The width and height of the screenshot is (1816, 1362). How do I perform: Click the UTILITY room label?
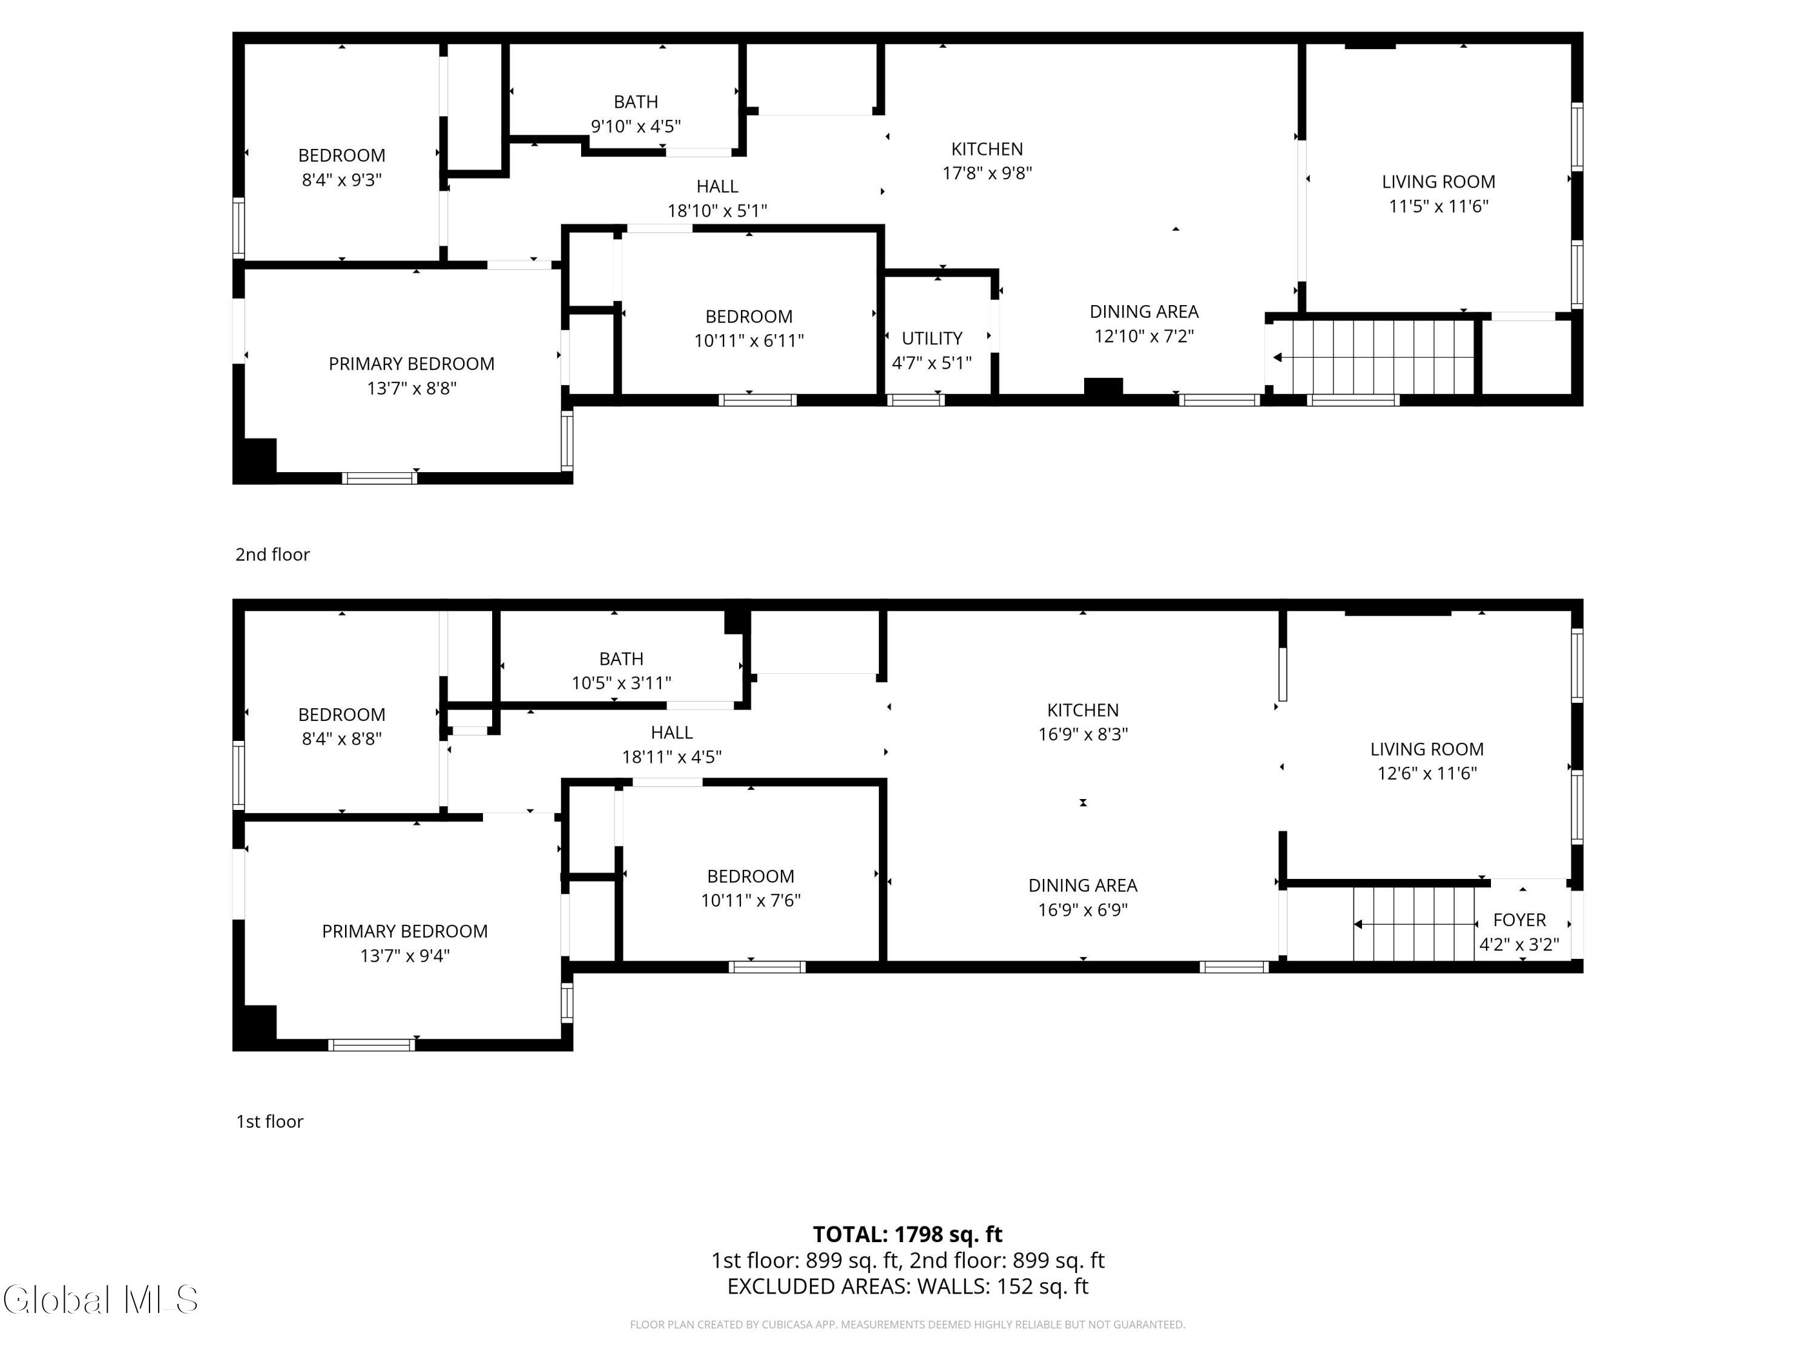tap(932, 338)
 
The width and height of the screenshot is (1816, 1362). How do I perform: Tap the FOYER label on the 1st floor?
tap(1519, 920)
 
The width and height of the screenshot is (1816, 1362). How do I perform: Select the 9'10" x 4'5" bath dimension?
tap(636, 127)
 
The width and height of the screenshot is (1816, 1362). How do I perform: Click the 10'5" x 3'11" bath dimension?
tap(622, 683)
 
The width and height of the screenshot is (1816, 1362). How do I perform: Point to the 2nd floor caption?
tap(272, 554)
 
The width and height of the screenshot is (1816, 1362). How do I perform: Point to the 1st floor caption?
tap(269, 1122)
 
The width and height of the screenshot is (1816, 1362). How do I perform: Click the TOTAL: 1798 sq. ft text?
tap(907, 1234)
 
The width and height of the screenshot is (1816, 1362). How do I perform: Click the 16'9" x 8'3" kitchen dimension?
tap(1083, 734)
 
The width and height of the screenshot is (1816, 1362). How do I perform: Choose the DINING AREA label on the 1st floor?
tap(1083, 885)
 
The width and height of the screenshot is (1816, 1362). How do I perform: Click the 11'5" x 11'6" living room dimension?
tap(1438, 206)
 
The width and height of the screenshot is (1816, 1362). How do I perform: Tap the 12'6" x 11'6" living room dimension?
tap(1427, 774)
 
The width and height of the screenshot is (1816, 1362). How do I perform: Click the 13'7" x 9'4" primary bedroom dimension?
tap(405, 956)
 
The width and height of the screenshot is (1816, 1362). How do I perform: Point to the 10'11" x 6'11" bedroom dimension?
tap(749, 341)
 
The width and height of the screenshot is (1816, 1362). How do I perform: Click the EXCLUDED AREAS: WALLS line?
tap(907, 1286)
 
